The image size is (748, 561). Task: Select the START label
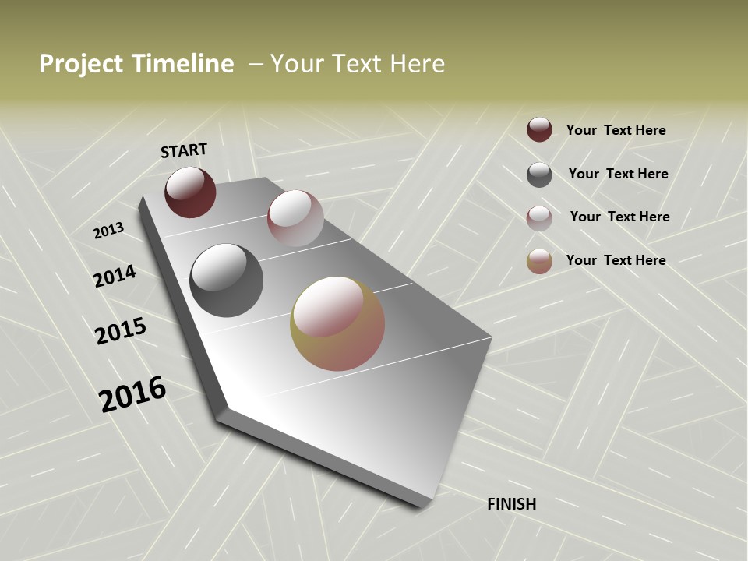click(x=184, y=150)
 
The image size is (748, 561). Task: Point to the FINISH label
click(x=512, y=504)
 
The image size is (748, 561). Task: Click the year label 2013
click(x=109, y=231)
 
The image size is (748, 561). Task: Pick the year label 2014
click(x=115, y=277)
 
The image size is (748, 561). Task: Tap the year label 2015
click(x=121, y=331)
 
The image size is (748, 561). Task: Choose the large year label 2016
click(x=132, y=394)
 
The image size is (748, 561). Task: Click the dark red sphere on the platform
click(x=190, y=192)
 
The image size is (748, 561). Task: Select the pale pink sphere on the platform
click(x=295, y=218)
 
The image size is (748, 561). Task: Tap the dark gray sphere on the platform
click(x=226, y=280)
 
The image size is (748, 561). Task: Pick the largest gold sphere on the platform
click(x=337, y=323)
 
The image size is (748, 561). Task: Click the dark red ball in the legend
click(x=539, y=129)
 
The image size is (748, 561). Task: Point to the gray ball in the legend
click(x=539, y=175)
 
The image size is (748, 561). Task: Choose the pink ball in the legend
click(x=539, y=218)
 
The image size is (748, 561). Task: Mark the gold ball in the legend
click(x=539, y=262)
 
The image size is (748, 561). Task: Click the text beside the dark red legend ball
click(x=616, y=131)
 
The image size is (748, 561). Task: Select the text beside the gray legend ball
click(x=619, y=174)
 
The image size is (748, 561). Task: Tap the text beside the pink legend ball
click(x=620, y=217)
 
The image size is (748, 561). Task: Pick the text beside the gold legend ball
click(x=616, y=260)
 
